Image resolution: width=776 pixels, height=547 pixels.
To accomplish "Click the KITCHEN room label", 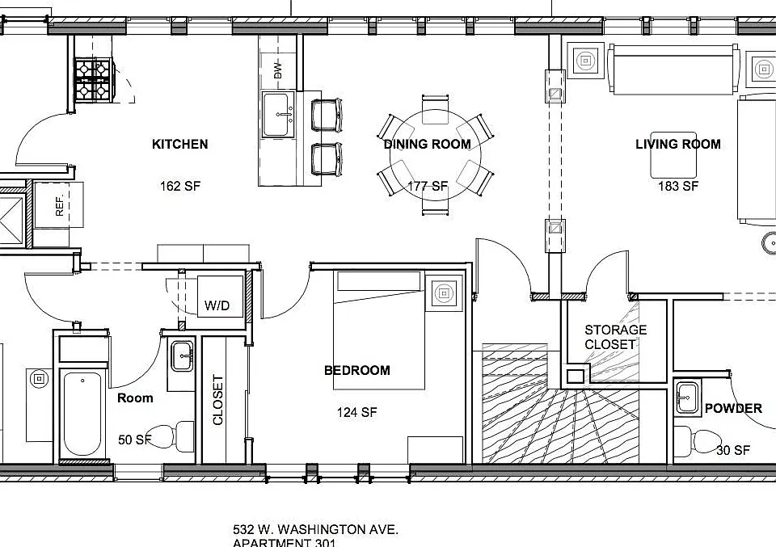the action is click(x=179, y=144).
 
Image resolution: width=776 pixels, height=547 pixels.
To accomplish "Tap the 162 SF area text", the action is click(x=180, y=186).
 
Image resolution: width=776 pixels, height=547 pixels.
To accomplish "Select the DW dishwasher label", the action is click(x=277, y=69).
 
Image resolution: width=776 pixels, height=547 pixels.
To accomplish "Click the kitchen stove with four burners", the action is click(x=94, y=80).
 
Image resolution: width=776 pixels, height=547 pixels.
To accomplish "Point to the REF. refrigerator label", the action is click(x=60, y=206).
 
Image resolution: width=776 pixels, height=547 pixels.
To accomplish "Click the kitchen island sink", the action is click(x=278, y=114).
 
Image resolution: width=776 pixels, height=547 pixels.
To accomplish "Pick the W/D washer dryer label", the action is click(x=217, y=305).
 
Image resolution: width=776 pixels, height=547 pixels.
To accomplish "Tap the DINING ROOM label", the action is click(x=427, y=144).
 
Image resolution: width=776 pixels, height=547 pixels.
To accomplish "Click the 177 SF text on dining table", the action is click(x=428, y=186).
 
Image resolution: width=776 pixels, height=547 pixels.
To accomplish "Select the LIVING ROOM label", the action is click(x=678, y=144).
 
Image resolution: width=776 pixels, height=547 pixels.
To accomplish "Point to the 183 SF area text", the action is click(x=678, y=186).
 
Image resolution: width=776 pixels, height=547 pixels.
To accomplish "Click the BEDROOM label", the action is click(x=356, y=370).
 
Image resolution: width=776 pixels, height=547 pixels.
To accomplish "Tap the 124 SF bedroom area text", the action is click(x=356, y=412).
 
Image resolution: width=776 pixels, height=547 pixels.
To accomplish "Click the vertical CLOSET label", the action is click(x=217, y=400).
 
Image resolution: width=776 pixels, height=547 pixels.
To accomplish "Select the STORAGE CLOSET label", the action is click(x=615, y=337).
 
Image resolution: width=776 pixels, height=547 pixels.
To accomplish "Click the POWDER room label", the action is click(x=733, y=408).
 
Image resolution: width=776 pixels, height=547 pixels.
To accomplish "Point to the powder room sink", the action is click(x=687, y=397).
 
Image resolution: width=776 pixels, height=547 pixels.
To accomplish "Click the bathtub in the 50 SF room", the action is click(x=82, y=414).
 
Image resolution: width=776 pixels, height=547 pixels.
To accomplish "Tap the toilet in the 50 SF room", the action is click(x=171, y=436).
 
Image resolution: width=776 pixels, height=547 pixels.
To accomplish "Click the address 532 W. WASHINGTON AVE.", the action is click(x=315, y=530).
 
